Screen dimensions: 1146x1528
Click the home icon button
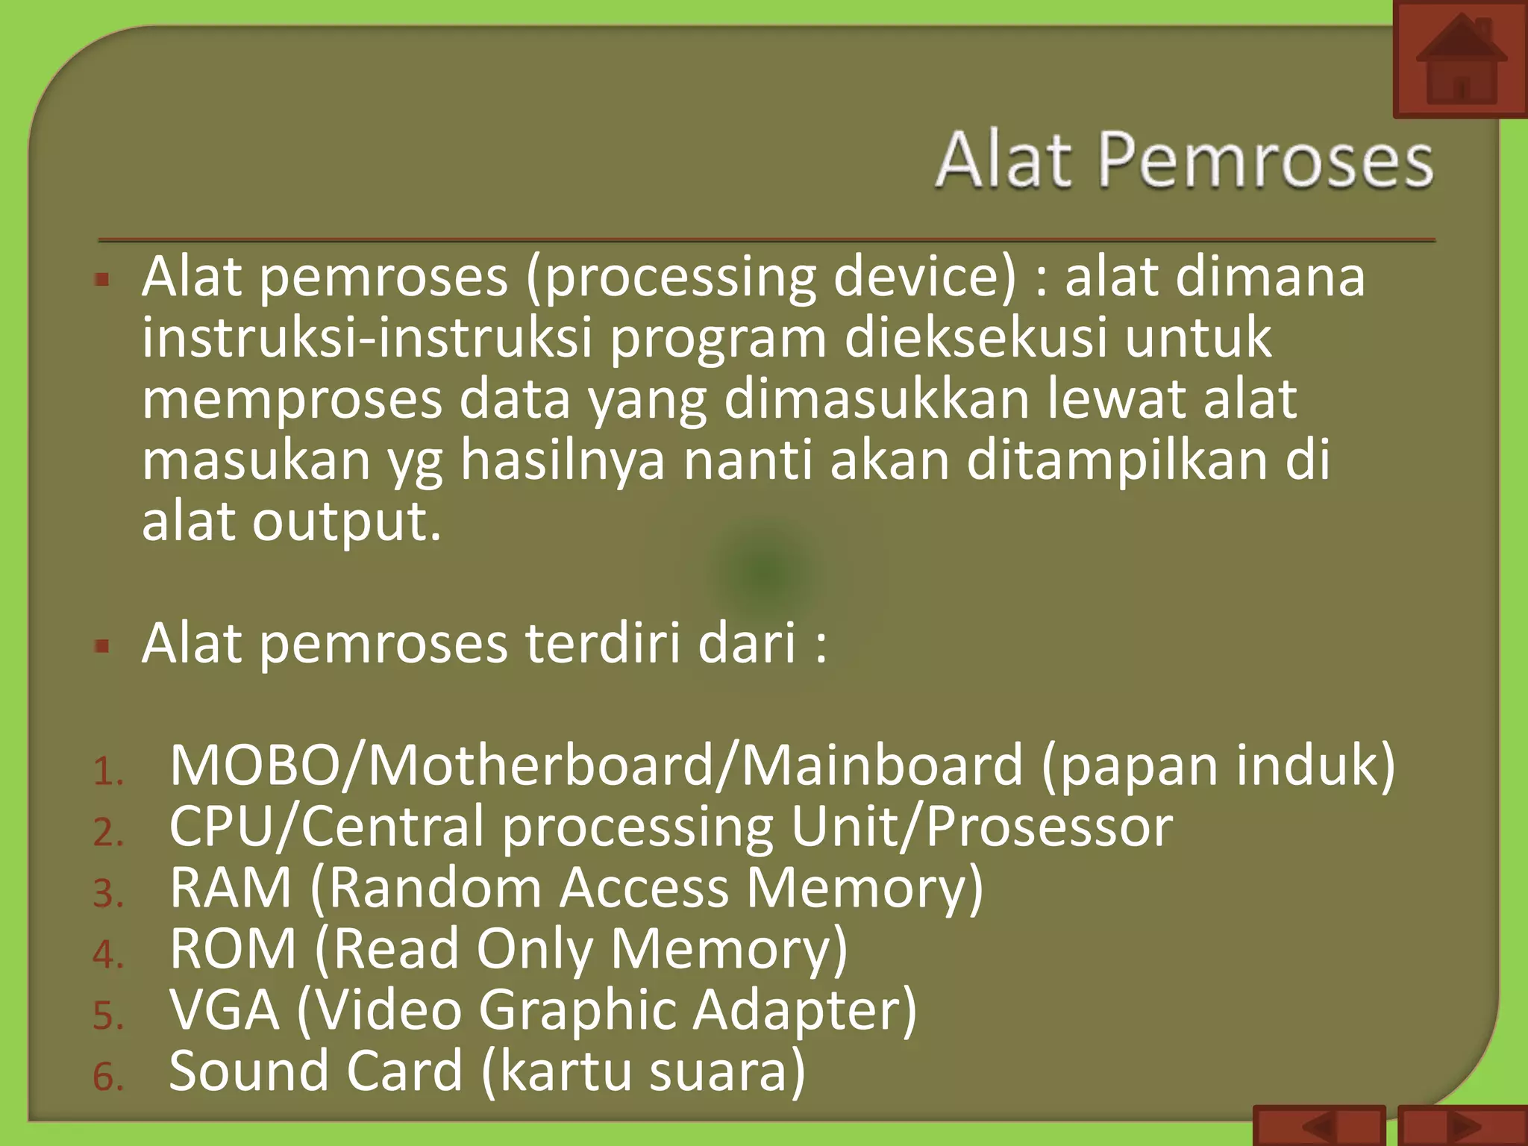coord(1460,60)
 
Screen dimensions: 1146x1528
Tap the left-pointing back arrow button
coord(1319,1126)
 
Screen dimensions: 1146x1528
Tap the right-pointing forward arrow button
coord(1462,1126)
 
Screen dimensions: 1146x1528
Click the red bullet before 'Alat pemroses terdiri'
coord(103,645)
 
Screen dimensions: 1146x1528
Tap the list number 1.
coord(107,771)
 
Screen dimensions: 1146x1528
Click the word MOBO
coord(255,765)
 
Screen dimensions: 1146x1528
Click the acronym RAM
coord(230,888)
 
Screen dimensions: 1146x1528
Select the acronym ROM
coord(233,949)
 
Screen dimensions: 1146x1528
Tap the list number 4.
coord(107,955)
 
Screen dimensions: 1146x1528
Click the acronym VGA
coord(224,1010)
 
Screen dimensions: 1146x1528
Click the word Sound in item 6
coord(249,1071)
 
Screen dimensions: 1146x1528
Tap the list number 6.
coord(107,1077)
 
